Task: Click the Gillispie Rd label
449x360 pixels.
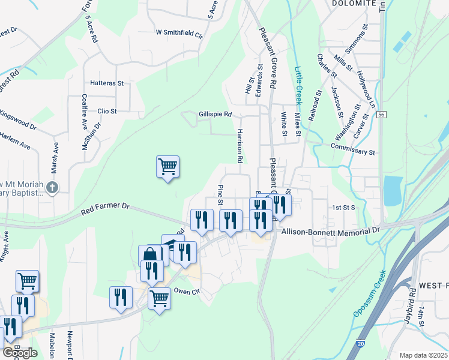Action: point(215,114)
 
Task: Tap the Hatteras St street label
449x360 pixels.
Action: point(106,83)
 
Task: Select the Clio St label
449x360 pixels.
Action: point(106,111)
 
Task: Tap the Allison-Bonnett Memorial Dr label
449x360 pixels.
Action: point(331,230)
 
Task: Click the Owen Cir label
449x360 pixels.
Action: point(185,292)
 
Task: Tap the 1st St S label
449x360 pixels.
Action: point(344,207)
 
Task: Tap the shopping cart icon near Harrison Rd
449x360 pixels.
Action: point(167,166)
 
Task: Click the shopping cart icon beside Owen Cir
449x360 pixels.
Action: point(159,297)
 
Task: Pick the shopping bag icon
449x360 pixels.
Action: point(149,255)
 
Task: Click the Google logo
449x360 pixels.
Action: point(20,353)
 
